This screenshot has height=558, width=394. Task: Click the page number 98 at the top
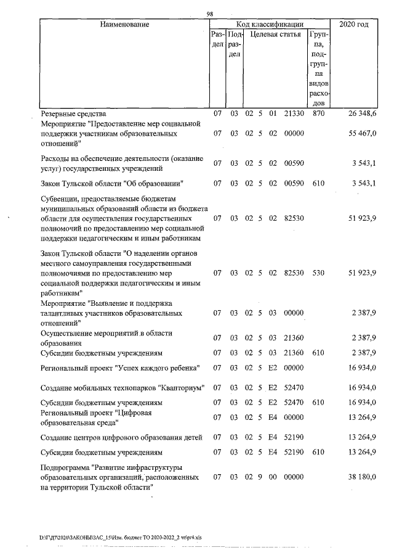(x=210, y=14)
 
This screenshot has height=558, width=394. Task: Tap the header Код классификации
(x=267, y=25)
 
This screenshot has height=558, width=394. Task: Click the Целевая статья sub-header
(x=274, y=36)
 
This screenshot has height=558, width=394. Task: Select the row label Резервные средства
(x=73, y=114)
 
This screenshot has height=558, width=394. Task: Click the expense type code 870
(x=318, y=114)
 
